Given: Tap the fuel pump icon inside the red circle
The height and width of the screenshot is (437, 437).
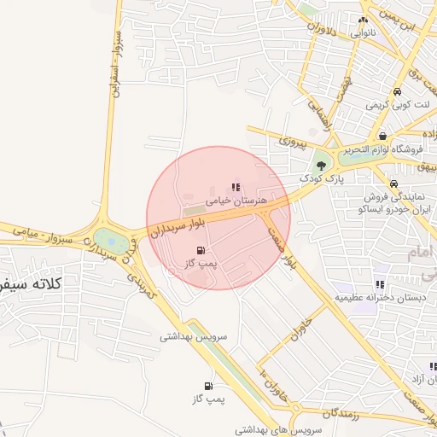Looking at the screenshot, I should click(201, 251).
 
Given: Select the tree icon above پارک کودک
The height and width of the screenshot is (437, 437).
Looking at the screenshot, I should click(322, 165).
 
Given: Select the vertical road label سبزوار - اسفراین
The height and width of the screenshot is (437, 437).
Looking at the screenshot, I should click(111, 64).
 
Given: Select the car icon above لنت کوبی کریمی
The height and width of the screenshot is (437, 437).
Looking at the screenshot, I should click(397, 91).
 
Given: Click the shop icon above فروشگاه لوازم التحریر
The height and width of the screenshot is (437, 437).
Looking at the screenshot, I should click(382, 136).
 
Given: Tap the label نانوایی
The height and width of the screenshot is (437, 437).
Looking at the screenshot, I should click(362, 32).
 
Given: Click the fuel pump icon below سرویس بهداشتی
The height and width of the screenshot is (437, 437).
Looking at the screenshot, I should click(208, 386).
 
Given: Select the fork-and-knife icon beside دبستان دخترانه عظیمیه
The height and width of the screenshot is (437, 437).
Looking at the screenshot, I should click(380, 284).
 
